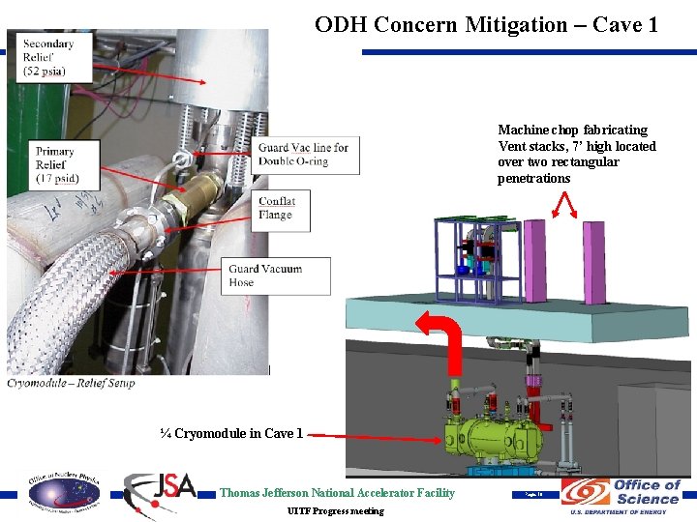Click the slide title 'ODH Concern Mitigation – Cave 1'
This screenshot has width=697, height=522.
(x=486, y=24)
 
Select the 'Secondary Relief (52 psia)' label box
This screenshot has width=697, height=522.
(x=49, y=58)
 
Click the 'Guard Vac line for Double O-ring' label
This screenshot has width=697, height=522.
(x=303, y=155)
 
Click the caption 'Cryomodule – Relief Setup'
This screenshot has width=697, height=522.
(x=72, y=383)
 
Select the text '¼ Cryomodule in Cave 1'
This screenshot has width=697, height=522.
(x=232, y=433)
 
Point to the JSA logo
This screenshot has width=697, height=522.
(x=161, y=491)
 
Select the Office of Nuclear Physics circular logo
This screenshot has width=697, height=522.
(x=63, y=493)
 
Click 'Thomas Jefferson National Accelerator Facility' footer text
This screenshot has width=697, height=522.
(x=337, y=493)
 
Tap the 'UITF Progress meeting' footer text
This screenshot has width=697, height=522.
(x=335, y=510)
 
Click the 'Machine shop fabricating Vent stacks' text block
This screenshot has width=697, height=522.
(x=576, y=154)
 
